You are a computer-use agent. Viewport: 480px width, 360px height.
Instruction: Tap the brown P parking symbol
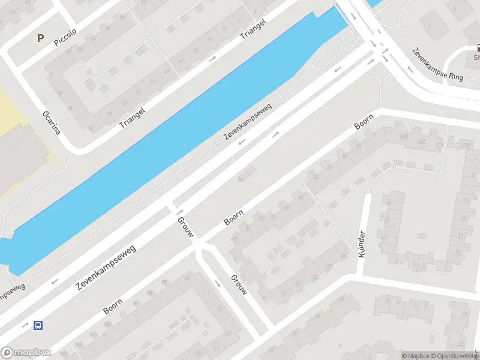coord(41,38)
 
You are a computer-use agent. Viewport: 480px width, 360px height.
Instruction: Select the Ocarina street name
coord(52,122)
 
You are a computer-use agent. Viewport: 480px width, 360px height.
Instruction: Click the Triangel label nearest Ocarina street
coord(132,114)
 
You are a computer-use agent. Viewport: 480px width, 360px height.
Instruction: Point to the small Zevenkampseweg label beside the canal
coord(248,122)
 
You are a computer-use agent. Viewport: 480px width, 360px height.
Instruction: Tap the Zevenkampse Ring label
coord(437,63)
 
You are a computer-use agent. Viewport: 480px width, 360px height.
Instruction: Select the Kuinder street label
coord(361,244)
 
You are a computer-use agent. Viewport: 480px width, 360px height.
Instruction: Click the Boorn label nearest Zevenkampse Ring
coord(364,121)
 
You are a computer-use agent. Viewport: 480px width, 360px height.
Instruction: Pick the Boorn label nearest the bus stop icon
coord(113,306)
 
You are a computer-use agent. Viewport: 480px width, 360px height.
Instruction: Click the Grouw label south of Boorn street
coord(238,284)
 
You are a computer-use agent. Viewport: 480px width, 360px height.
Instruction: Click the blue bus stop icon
coord(38,326)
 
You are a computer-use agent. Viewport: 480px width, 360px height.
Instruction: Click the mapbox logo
coord(26,353)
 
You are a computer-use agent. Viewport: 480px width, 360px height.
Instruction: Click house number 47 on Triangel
coord(181,61)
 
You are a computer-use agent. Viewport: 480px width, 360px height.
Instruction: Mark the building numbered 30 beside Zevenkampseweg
coord(241,178)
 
